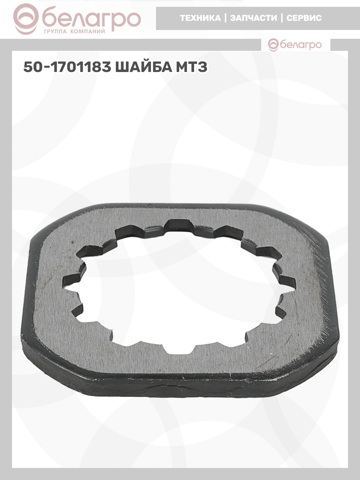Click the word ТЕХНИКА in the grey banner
point(200,18)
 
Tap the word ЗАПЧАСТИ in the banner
point(254,18)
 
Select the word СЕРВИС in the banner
point(304,18)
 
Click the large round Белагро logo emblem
point(26,19)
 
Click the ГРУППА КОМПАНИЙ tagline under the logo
point(74,32)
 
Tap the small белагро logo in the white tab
point(295,45)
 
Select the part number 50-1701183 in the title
point(67,67)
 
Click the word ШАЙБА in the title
point(143,67)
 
